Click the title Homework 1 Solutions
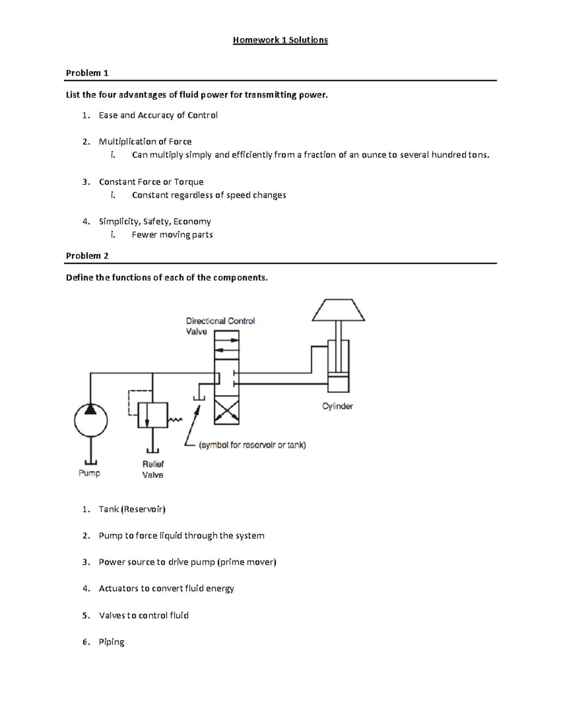[280, 40]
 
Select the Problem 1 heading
[87, 73]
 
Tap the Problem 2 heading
[87, 256]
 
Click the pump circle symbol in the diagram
[91, 420]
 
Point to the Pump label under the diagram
[89, 473]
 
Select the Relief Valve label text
[153, 469]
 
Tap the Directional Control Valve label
[220, 326]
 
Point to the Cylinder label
[338, 406]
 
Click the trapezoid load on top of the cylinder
[338, 310]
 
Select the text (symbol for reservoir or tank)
[252, 445]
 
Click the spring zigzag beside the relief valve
[175, 420]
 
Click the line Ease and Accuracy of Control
[158, 115]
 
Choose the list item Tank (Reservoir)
[132, 509]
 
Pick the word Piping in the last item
[111, 642]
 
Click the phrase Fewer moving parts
[172, 235]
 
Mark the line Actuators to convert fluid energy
[166, 589]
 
